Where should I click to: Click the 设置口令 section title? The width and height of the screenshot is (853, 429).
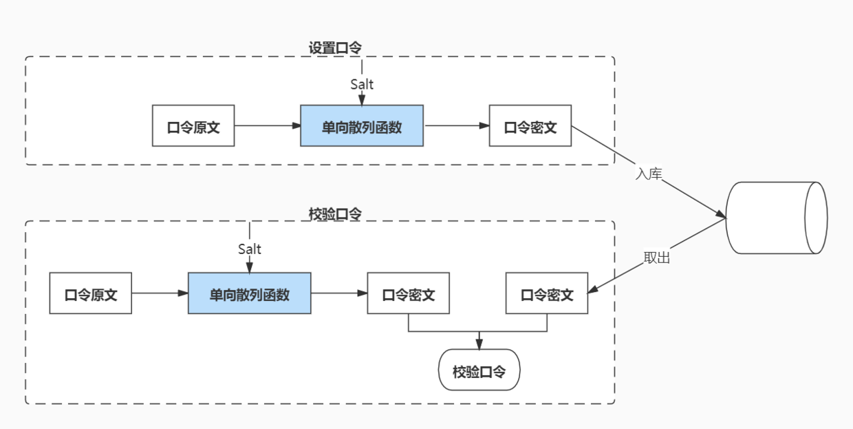pyautogui.click(x=335, y=48)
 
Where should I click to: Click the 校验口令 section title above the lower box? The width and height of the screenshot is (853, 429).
pyautogui.click(x=335, y=214)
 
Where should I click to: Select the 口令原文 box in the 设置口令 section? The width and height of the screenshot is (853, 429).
pyautogui.click(x=193, y=126)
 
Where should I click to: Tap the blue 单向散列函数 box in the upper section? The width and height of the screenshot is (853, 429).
pyautogui.click(x=362, y=126)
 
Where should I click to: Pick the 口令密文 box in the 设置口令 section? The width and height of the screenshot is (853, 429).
pyautogui.click(x=530, y=126)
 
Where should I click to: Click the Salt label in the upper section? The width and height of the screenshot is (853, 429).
pyautogui.click(x=362, y=84)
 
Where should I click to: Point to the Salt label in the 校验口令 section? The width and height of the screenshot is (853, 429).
pyautogui.click(x=250, y=249)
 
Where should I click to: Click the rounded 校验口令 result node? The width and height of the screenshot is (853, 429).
pyautogui.click(x=479, y=372)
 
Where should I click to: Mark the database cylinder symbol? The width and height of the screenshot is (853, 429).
pyautogui.click(x=777, y=218)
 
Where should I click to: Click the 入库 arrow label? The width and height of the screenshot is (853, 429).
pyautogui.click(x=648, y=174)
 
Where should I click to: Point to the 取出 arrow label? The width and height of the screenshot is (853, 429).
pyautogui.click(x=656, y=258)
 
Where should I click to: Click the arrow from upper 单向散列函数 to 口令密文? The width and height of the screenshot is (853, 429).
pyautogui.click(x=455, y=126)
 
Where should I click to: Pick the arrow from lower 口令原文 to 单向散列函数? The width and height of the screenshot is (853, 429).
pyautogui.click(x=160, y=293)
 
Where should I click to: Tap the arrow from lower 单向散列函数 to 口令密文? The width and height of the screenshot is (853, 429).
pyautogui.click(x=338, y=293)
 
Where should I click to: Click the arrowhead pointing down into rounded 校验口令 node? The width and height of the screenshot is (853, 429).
pyautogui.click(x=479, y=344)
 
